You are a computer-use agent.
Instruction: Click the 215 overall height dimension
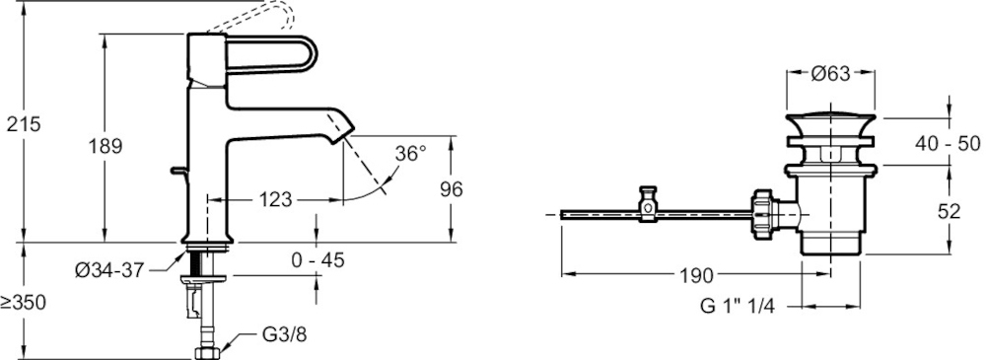(x=24, y=124)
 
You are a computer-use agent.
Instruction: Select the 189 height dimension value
(x=105, y=146)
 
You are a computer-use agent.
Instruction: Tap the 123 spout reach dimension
(x=275, y=200)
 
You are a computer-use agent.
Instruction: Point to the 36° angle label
(x=410, y=153)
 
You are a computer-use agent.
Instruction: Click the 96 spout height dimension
(x=451, y=188)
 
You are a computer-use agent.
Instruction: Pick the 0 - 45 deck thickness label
(x=318, y=258)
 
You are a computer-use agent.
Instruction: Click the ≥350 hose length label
(x=24, y=303)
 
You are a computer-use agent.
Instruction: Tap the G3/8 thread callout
(x=284, y=334)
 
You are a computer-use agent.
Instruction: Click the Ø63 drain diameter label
(x=830, y=74)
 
